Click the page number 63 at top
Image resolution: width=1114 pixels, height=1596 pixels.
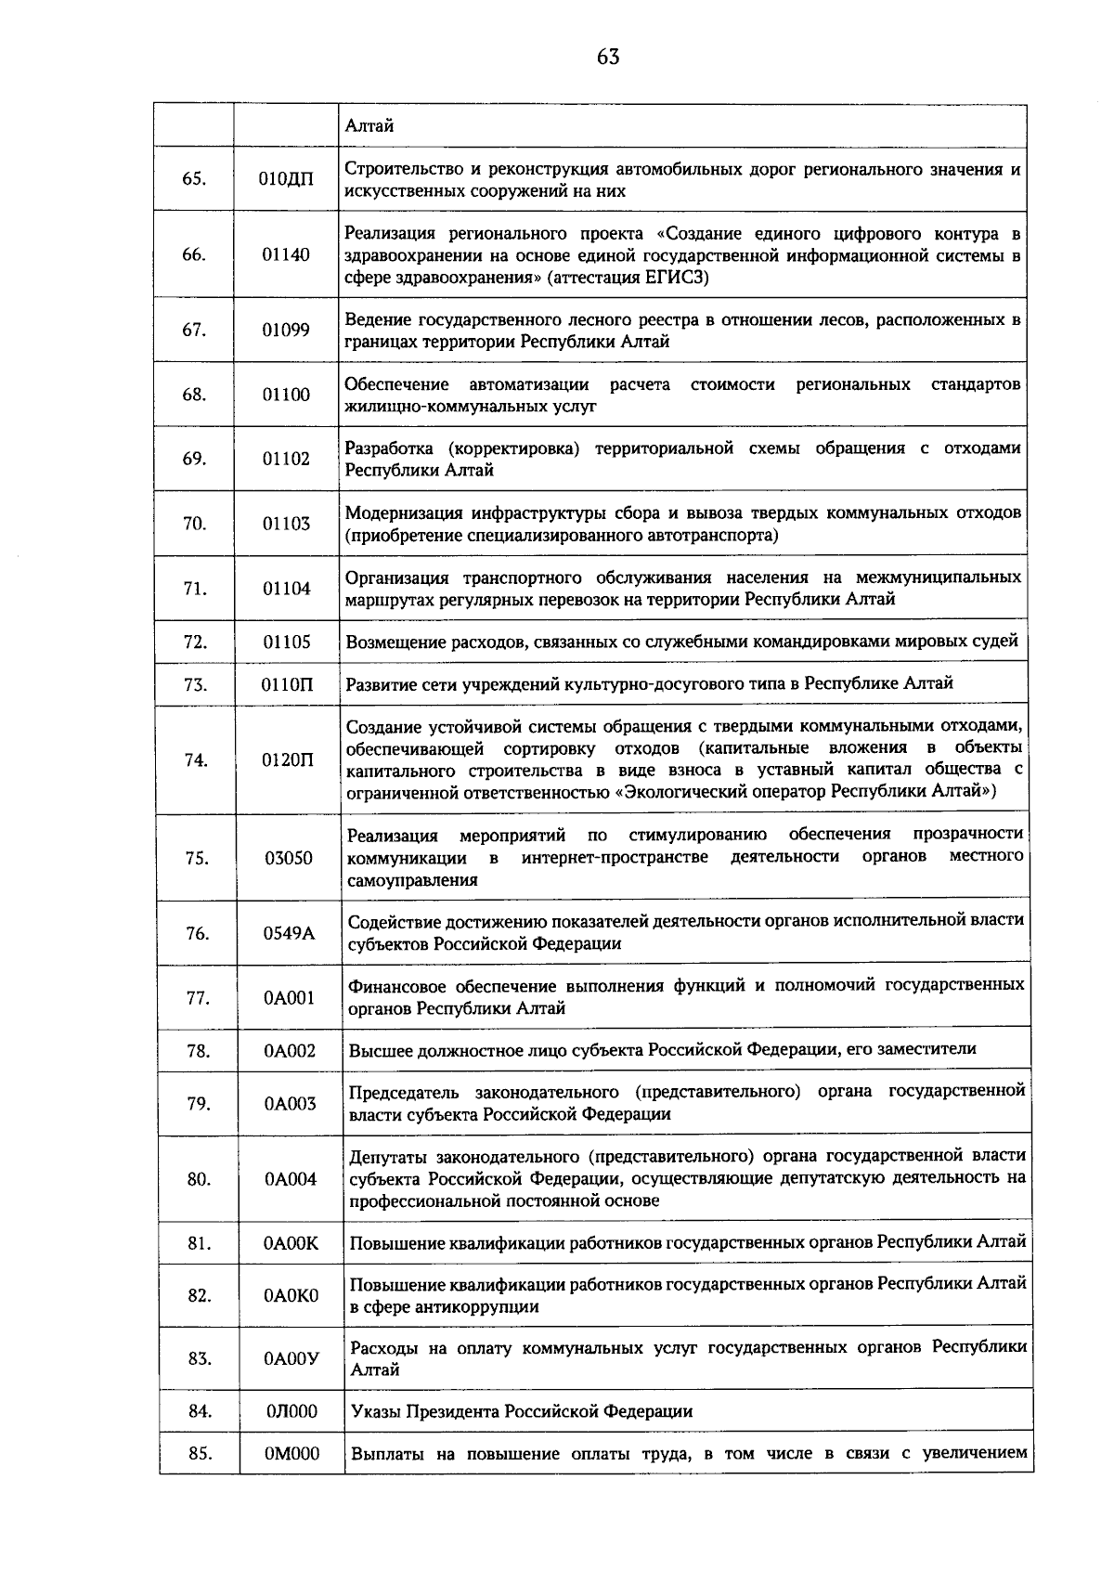point(608,58)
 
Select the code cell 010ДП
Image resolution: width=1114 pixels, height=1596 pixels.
point(286,180)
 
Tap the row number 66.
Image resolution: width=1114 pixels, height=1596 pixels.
point(193,255)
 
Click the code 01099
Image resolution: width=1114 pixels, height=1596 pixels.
point(286,331)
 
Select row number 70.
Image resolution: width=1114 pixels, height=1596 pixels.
point(194,524)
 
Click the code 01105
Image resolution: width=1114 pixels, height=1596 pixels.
point(287,642)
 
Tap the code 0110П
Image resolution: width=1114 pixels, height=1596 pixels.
point(287,685)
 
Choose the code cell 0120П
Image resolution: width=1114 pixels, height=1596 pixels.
point(288,759)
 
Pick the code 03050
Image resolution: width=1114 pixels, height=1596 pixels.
point(289,858)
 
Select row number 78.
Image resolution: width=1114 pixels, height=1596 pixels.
point(197,1051)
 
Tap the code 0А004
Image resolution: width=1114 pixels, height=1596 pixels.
point(291,1179)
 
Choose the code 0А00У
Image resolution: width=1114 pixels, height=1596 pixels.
point(291,1358)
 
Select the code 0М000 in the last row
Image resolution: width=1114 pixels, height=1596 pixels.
point(292,1454)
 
